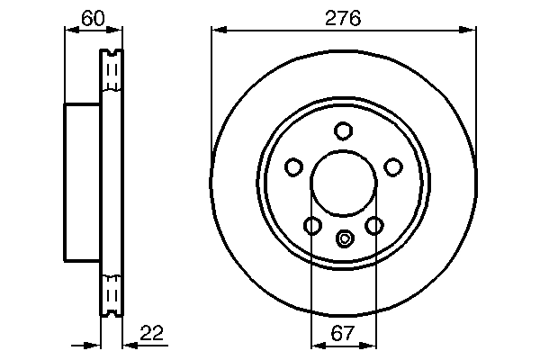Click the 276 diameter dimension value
[342, 17]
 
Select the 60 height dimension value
[93, 17]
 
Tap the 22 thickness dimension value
[153, 334]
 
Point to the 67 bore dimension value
[342, 334]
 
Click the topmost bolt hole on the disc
[342, 131]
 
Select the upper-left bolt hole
[293, 166]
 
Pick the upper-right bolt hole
[392, 166]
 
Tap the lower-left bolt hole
[312, 225]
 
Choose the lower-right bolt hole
[373, 225]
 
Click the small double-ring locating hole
[343, 238]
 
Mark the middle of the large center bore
[343, 184]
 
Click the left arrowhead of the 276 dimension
[217, 31]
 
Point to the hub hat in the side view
[81, 182]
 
